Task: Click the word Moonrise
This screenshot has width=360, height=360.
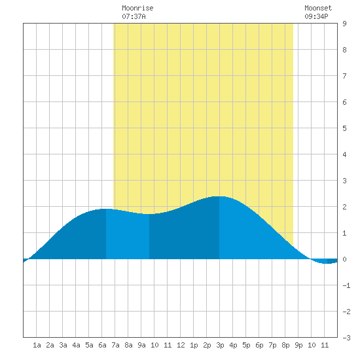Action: [x=137, y=9]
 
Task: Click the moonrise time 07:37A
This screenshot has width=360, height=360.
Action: [x=134, y=16]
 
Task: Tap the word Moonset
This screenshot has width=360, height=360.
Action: [x=318, y=9]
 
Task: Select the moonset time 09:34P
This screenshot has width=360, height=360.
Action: [x=316, y=16]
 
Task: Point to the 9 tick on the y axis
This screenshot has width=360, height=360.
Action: [x=344, y=24]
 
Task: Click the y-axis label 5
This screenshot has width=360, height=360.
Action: [x=344, y=128]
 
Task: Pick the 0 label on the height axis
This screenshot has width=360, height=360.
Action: [x=344, y=259]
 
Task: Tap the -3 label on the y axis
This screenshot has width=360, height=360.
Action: [x=346, y=338]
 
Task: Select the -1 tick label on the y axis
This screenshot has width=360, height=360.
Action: [x=346, y=285]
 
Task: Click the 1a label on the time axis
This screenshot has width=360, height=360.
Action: [x=37, y=345]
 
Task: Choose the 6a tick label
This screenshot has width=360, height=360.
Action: [x=102, y=345]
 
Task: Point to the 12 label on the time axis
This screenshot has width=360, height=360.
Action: [x=181, y=345]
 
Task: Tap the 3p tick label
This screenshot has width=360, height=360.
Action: [x=220, y=345]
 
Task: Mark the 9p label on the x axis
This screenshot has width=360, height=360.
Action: [x=298, y=345]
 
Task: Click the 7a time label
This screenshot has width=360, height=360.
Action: [x=115, y=345]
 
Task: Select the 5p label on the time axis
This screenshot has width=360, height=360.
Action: [x=246, y=345]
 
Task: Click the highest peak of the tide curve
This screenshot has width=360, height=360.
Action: [x=219, y=196]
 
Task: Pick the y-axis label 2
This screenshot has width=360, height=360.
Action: [x=344, y=207]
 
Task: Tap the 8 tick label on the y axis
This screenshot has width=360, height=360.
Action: [x=344, y=50]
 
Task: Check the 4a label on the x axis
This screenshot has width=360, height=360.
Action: [x=76, y=345]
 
